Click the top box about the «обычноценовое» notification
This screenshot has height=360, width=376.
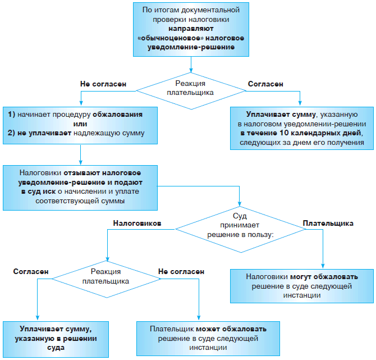(x=189, y=29)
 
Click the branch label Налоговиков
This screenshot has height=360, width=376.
(x=137, y=223)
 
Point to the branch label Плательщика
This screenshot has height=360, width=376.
(x=328, y=223)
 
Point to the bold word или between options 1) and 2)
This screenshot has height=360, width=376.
(x=81, y=124)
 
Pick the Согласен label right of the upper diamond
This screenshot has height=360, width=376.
(x=265, y=84)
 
